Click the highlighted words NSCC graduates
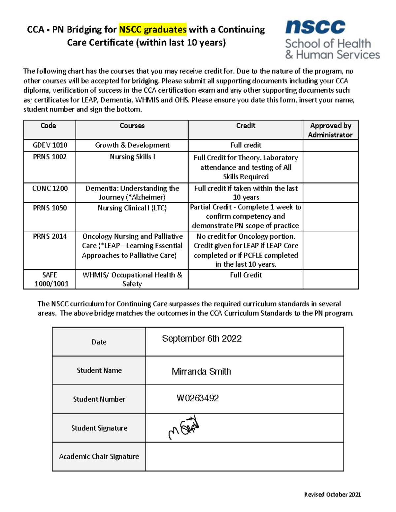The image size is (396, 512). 153,29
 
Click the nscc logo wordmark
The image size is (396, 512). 315,27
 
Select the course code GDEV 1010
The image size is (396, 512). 50,145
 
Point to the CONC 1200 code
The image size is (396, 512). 50,188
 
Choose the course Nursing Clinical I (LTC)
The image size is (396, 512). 132,208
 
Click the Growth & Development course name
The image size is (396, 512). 132,145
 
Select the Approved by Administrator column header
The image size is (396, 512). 330,130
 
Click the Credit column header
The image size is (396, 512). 246,126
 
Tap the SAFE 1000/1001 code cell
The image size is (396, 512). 50,279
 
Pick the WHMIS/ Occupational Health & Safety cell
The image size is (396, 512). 132,279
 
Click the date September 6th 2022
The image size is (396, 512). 202,339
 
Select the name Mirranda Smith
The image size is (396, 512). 201,372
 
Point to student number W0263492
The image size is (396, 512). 198,398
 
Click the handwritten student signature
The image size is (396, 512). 184,428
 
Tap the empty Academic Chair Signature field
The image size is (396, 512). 244,457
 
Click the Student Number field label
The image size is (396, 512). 99,399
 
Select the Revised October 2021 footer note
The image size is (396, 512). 332,495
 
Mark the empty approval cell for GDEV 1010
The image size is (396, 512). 330,145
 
